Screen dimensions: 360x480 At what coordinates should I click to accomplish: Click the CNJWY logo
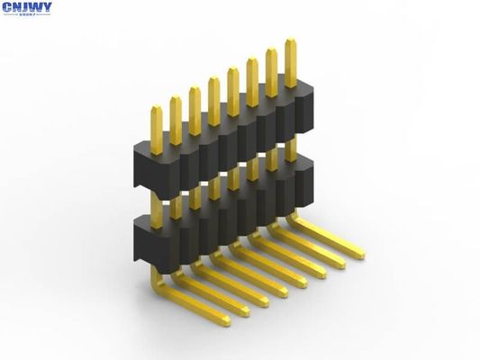point(26,9)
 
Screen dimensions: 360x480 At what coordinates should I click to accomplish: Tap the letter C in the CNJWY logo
point(6,7)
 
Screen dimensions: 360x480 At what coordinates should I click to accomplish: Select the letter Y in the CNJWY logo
point(46,7)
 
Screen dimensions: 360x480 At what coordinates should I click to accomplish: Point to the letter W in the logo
point(36,7)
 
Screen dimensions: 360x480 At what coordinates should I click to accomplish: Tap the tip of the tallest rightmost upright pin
point(290,41)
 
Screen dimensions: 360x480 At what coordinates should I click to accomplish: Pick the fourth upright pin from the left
point(213,99)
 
